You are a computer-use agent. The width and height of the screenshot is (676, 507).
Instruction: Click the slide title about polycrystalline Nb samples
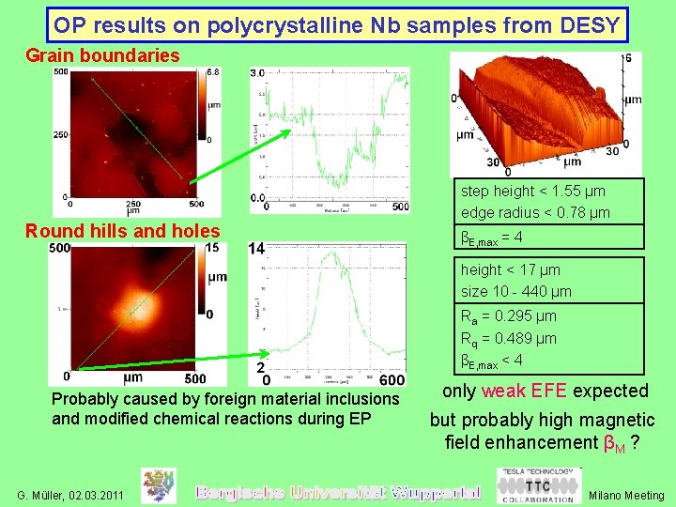point(337,24)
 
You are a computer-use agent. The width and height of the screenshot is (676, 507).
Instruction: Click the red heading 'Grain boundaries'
point(102,55)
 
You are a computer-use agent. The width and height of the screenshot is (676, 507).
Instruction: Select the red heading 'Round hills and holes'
point(123,230)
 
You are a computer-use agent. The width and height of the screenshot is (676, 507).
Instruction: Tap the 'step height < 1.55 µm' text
point(534,191)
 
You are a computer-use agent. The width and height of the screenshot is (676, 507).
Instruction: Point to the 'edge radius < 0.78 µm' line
point(534,212)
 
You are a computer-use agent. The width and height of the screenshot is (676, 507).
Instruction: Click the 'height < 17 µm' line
point(510,269)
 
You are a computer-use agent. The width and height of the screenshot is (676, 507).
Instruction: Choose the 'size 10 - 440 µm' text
point(515,291)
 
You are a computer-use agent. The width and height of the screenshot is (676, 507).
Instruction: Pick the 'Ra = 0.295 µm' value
point(508,316)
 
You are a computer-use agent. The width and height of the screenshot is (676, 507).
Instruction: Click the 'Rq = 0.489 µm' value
point(508,338)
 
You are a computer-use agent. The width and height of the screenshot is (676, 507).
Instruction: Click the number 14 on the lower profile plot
point(256,249)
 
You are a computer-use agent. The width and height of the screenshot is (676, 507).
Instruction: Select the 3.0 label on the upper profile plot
point(256,73)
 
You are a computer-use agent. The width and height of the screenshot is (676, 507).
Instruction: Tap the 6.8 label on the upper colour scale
point(213,72)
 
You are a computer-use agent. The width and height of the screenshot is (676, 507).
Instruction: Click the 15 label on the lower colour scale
point(211,248)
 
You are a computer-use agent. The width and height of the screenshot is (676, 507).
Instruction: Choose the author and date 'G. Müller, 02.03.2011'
point(70,494)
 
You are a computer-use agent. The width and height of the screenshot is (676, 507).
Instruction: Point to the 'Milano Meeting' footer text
point(626,495)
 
